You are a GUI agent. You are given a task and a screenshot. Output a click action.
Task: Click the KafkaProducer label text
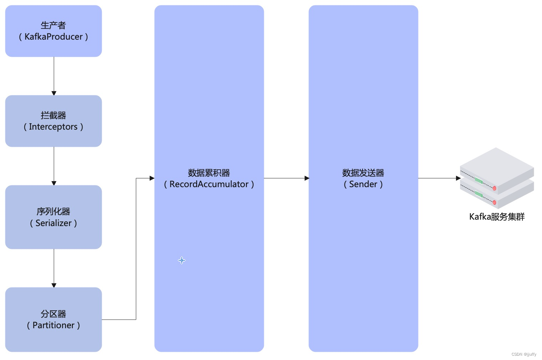(x=54, y=37)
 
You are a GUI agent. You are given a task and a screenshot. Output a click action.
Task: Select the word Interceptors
(x=53, y=127)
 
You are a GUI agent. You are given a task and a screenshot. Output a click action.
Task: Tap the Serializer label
(x=54, y=223)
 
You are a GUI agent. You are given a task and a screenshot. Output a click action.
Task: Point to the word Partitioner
(x=54, y=325)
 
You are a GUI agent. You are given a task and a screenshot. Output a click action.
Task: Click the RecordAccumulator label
(x=209, y=184)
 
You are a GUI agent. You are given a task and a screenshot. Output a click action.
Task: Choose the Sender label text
(x=363, y=184)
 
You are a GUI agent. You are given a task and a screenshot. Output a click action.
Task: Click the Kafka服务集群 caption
(x=497, y=217)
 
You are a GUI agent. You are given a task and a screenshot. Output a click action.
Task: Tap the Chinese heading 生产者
(x=54, y=25)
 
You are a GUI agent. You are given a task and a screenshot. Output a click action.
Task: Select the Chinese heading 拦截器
(x=54, y=115)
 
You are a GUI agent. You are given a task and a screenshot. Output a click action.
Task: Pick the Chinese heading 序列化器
(x=54, y=211)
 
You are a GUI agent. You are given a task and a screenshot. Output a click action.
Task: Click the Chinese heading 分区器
(x=54, y=314)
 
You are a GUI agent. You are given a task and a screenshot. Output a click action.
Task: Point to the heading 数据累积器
(x=209, y=173)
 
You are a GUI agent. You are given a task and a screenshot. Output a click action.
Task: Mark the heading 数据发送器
(x=363, y=173)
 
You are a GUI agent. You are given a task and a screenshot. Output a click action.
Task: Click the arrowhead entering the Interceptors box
(x=54, y=93)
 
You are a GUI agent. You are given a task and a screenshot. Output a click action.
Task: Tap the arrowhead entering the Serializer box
(x=54, y=183)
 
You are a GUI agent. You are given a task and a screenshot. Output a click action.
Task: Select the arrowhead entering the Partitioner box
(x=54, y=285)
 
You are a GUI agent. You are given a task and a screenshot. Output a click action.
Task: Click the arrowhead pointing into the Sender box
(x=307, y=178)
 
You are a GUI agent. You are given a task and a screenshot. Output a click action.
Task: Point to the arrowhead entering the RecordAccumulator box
(x=152, y=178)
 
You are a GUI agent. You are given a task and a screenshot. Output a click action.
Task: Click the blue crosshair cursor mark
(x=182, y=260)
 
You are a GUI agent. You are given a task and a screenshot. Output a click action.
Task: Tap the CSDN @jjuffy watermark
(x=523, y=354)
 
